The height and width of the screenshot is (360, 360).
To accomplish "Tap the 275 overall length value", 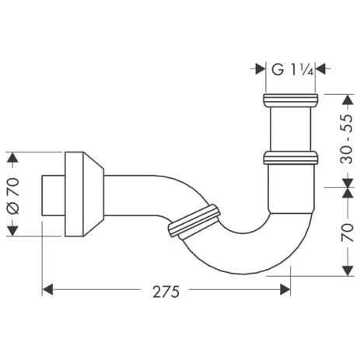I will pyautogui.click(x=166, y=292).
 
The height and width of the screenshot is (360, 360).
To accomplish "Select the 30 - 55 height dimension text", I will pyautogui.click(x=346, y=140).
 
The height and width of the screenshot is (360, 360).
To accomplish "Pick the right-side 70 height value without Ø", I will pyautogui.click(x=346, y=232).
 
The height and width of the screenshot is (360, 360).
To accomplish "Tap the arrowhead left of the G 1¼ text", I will pyautogui.click(x=260, y=68).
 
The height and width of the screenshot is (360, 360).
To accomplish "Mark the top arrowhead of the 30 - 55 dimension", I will pyautogui.click(x=345, y=99).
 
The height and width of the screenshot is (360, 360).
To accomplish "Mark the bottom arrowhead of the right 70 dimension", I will pyautogui.click(x=345, y=272).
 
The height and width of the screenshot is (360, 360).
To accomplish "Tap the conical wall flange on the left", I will pyautogui.click(x=84, y=194).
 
